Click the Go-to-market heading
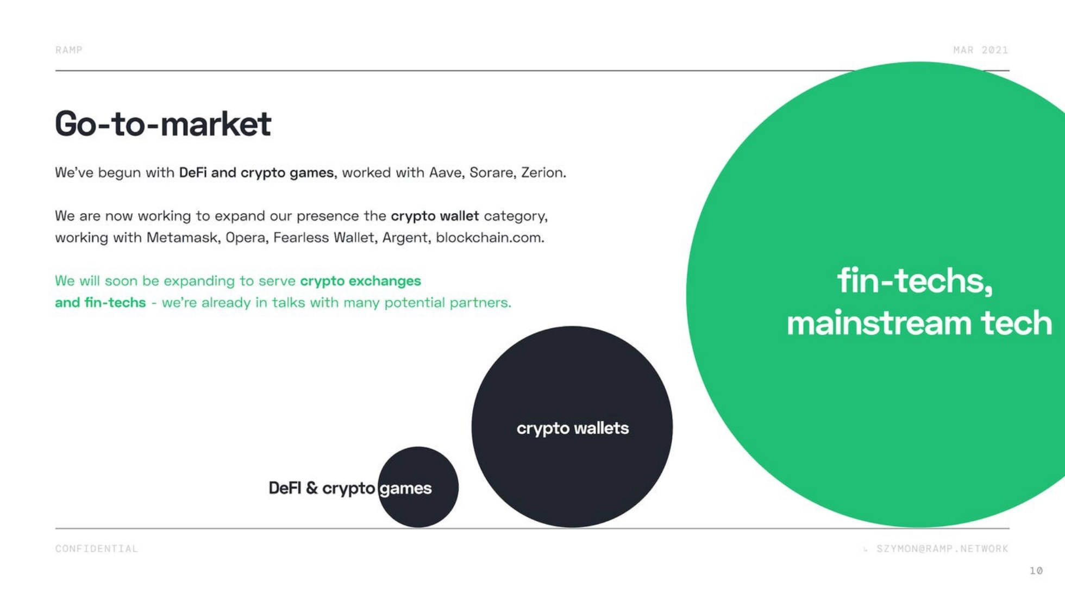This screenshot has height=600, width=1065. click(x=163, y=124)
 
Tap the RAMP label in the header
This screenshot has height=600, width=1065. click(x=68, y=50)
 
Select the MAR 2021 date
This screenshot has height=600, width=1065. click(x=981, y=50)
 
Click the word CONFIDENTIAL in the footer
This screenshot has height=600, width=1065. click(x=97, y=549)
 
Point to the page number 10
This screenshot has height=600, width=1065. click(x=1036, y=571)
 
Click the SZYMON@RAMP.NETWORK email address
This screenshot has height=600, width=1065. click(x=942, y=549)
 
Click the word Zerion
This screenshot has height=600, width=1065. click(x=543, y=173)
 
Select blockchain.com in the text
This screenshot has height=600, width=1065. click(x=490, y=238)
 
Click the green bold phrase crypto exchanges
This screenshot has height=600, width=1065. click(x=360, y=282)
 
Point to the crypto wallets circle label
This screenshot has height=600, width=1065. click(x=573, y=428)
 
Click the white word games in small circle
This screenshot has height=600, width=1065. click(x=405, y=489)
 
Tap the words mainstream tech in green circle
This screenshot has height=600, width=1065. click(x=919, y=323)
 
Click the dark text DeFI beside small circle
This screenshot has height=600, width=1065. click(x=285, y=488)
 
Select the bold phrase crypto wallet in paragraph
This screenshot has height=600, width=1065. click(x=435, y=216)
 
